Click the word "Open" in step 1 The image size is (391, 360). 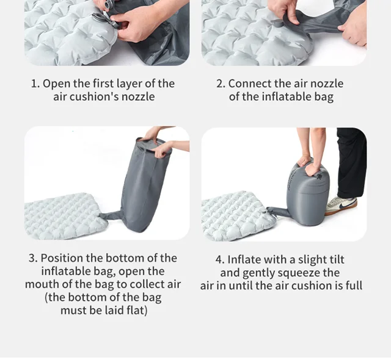click(56, 84)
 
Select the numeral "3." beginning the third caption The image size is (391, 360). click(33, 258)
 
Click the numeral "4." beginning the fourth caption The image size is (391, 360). click(220, 259)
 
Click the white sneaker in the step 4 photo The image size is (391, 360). click(341, 206)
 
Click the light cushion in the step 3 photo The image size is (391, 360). click(65, 216)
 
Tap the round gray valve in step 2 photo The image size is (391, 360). click(276, 24)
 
